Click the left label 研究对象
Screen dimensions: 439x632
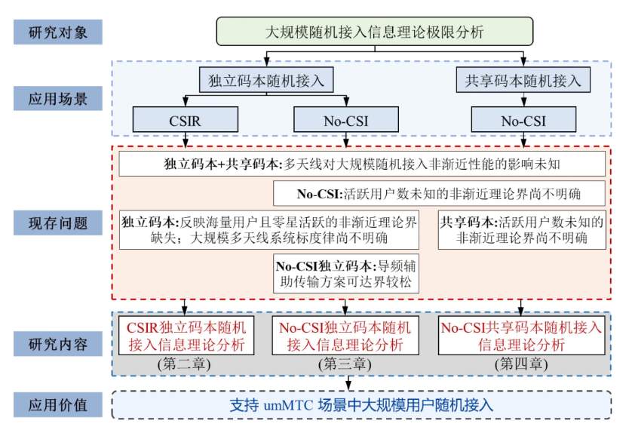58,32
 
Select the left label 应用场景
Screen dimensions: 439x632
58,98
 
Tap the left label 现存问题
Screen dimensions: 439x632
58,223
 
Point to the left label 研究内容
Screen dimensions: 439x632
58,345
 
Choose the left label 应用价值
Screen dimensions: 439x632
58,404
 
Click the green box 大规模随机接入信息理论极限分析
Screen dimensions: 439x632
374,32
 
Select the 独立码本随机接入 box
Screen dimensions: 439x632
266,81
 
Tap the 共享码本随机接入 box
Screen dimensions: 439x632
524,81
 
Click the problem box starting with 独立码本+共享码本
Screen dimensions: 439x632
362,163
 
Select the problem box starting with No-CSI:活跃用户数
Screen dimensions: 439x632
440,193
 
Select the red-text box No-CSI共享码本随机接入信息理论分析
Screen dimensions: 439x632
522,336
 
